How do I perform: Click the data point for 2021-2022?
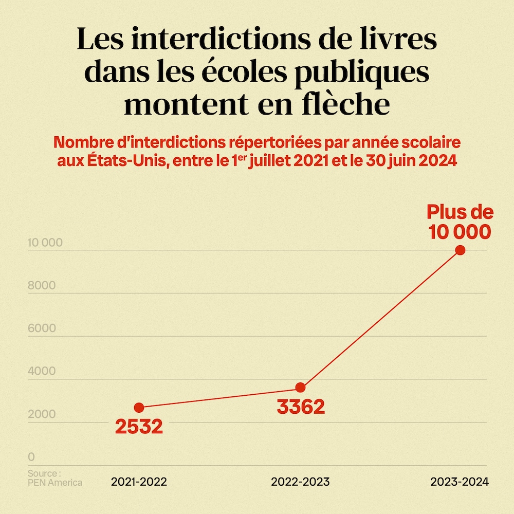[x=139, y=408]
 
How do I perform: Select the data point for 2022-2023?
[x=301, y=388]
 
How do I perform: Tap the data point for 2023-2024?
[x=460, y=250]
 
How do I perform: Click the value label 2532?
[x=139, y=427]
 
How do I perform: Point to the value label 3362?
[x=301, y=407]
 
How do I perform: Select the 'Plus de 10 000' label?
[x=460, y=222]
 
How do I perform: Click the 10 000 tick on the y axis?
[x=45, y=243]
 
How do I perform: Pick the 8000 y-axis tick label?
[x=42, y=286]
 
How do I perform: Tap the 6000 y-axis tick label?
[x=42, y=329]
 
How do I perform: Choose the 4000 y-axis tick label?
[x=42, y=372]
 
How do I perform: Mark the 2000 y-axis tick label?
[x=42, y=415]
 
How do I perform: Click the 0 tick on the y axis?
[x=31, y=457]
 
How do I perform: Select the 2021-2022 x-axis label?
[x=139, y=482]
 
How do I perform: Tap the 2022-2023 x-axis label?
[x=301, y=482]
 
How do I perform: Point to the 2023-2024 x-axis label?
[x=460, y=482]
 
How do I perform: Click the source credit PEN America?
[x=54, y=482]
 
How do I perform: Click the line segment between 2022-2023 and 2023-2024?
[x=380, y=319]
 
